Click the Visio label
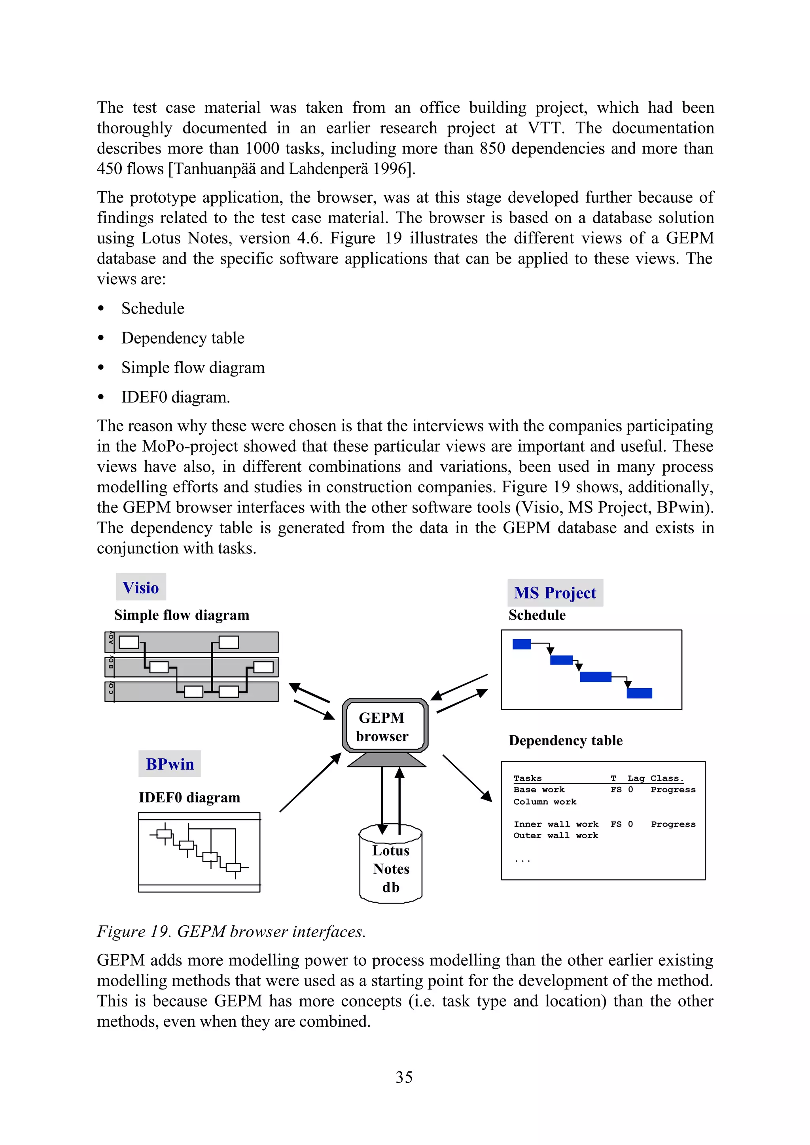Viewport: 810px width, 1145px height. pyautogui.click(x=141, y=587)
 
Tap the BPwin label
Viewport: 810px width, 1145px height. pyautogui.click(x=170, y=764)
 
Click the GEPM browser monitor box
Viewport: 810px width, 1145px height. pyautogui.click(x=384, y=727)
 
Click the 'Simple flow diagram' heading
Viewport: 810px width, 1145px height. pyautogui.click(x=182, y=615)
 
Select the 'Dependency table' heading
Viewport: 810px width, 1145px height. pyautogui.click(x=566, y=740)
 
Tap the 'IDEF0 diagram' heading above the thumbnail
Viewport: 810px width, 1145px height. pyautogui.click(x=189, y=798)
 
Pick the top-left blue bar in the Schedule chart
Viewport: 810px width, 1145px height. pyautogui.click(x=522, y=644)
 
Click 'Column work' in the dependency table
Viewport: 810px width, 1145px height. pyautogui.click(x=545, y=801)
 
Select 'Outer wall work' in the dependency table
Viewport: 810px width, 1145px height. pyautogui.click(x=556, y=835)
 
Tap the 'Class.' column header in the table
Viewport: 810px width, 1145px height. pyautogui.click(x=667, y=778)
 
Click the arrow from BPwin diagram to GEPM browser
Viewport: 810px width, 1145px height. pyautogui.click(x=310, y=782)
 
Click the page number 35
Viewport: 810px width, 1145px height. pyautogui.click(x=404, y=1077)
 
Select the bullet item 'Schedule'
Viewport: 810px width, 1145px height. pyautogui.click(x=153, y=308)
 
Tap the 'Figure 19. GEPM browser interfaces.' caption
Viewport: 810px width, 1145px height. pyautogui.click(x=231, y=931)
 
